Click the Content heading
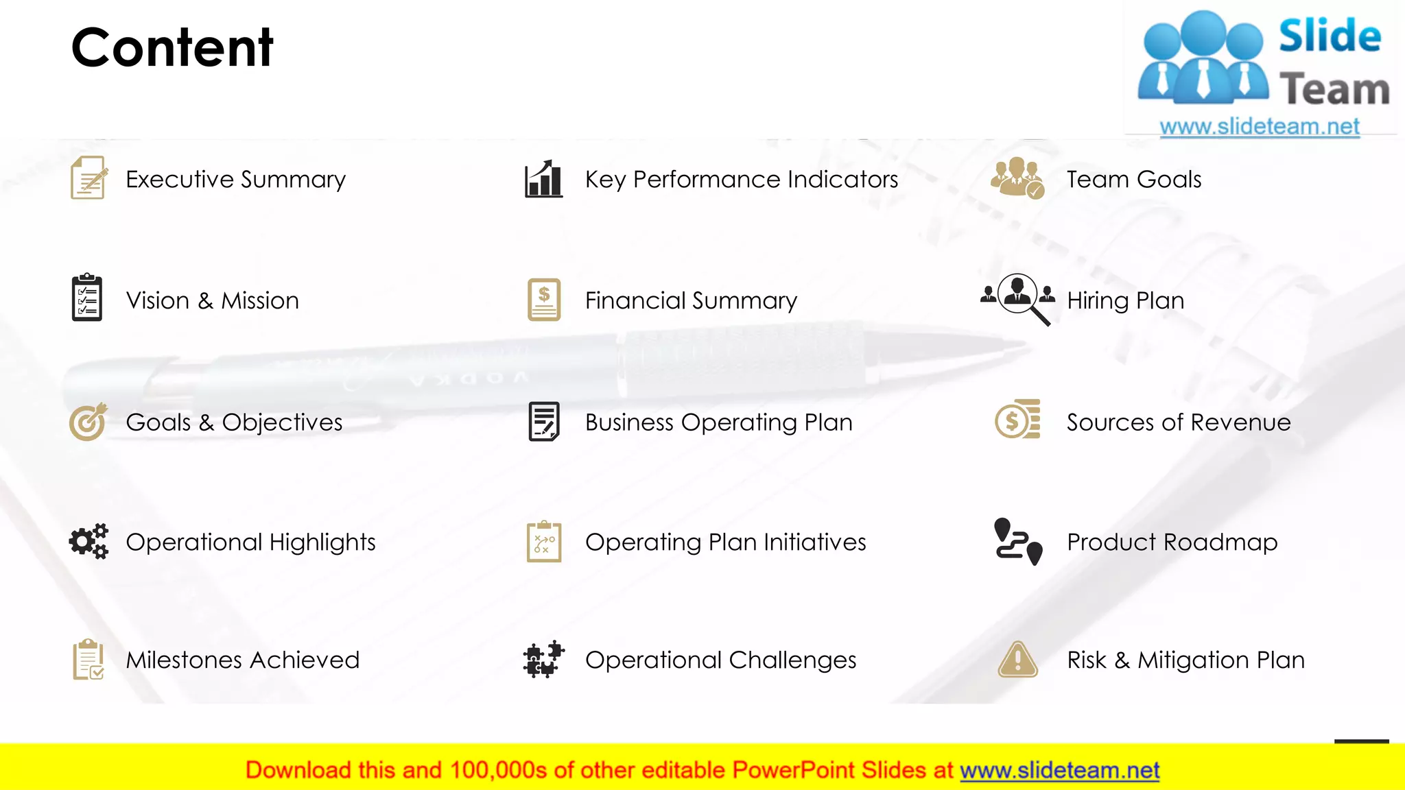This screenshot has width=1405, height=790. [172, 47]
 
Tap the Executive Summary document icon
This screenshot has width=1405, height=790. [88, 178]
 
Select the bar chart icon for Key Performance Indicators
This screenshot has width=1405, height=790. [543, 179]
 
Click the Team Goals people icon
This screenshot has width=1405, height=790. [1017, 178]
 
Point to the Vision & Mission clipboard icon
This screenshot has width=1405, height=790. [87, 298]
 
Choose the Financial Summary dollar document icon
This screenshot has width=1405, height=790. [544, 300]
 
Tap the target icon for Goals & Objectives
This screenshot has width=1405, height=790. [88, 421]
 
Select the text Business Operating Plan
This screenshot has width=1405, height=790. [718, 422]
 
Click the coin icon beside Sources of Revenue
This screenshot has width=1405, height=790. [1017, 420]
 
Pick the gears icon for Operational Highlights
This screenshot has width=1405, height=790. [88, 541]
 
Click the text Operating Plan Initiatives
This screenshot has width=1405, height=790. [725, 542]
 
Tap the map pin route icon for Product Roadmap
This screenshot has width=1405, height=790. [1018, 541]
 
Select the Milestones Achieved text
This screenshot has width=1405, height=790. [242, 660]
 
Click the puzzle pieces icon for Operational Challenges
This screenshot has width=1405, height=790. [543, 660]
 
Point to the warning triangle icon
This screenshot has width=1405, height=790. [1018, 660]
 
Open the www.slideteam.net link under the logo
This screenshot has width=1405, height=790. [1259, 127]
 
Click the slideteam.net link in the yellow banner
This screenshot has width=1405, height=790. [1059, 770]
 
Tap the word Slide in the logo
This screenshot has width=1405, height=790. [1330, 36]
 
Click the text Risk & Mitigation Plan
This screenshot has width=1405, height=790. [1185, 660]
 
